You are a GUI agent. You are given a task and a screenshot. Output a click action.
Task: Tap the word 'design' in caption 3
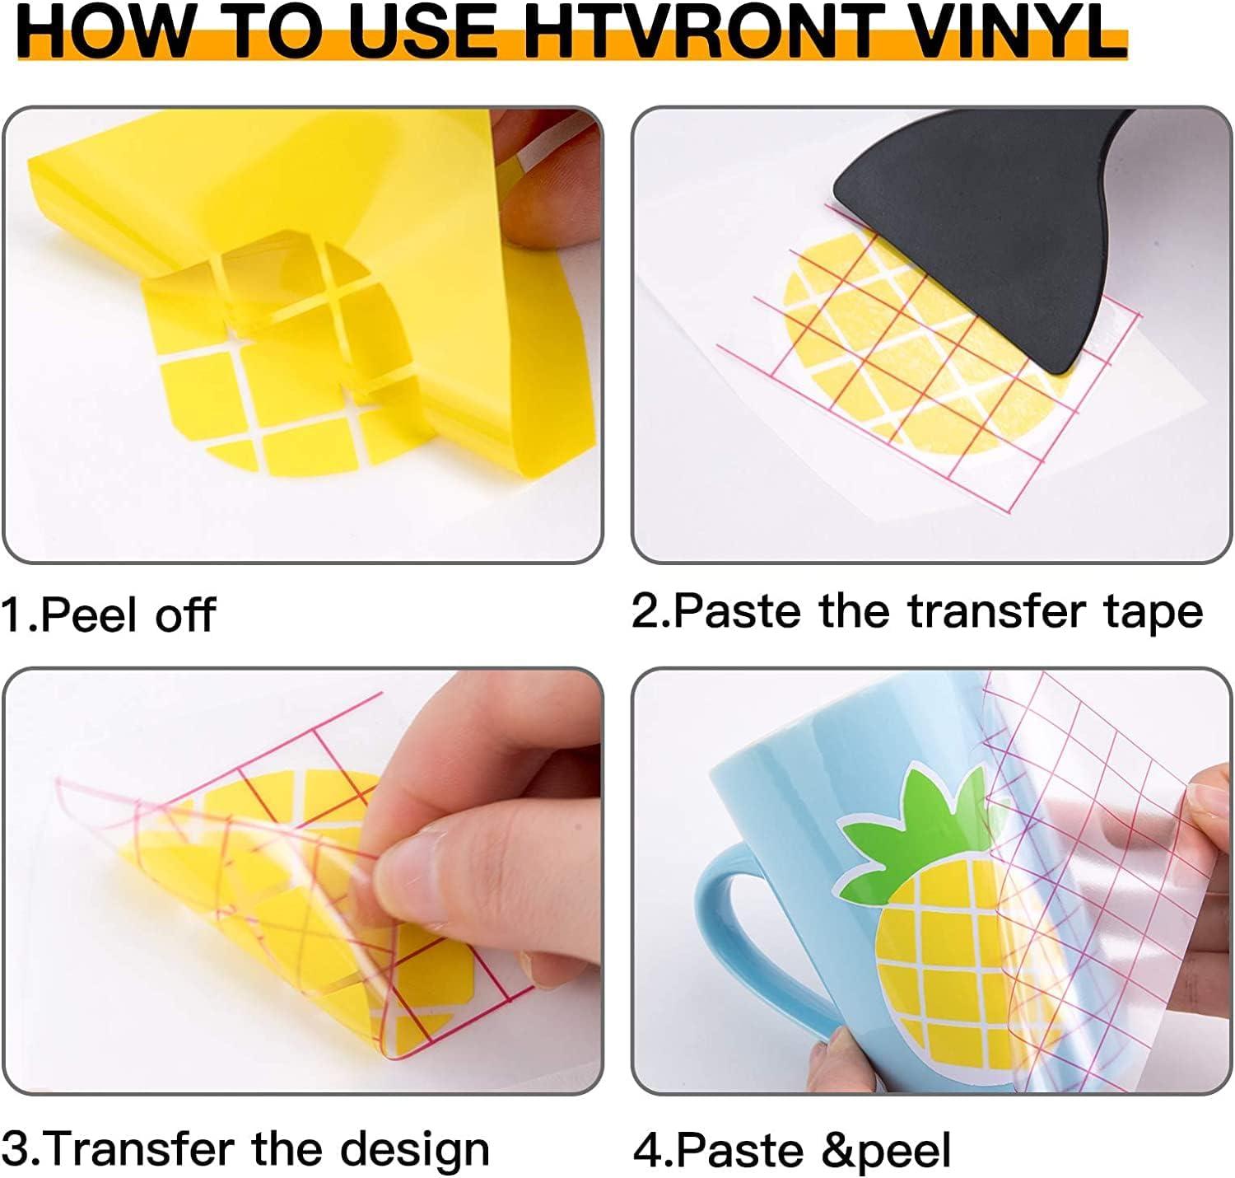coord(415,1150)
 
